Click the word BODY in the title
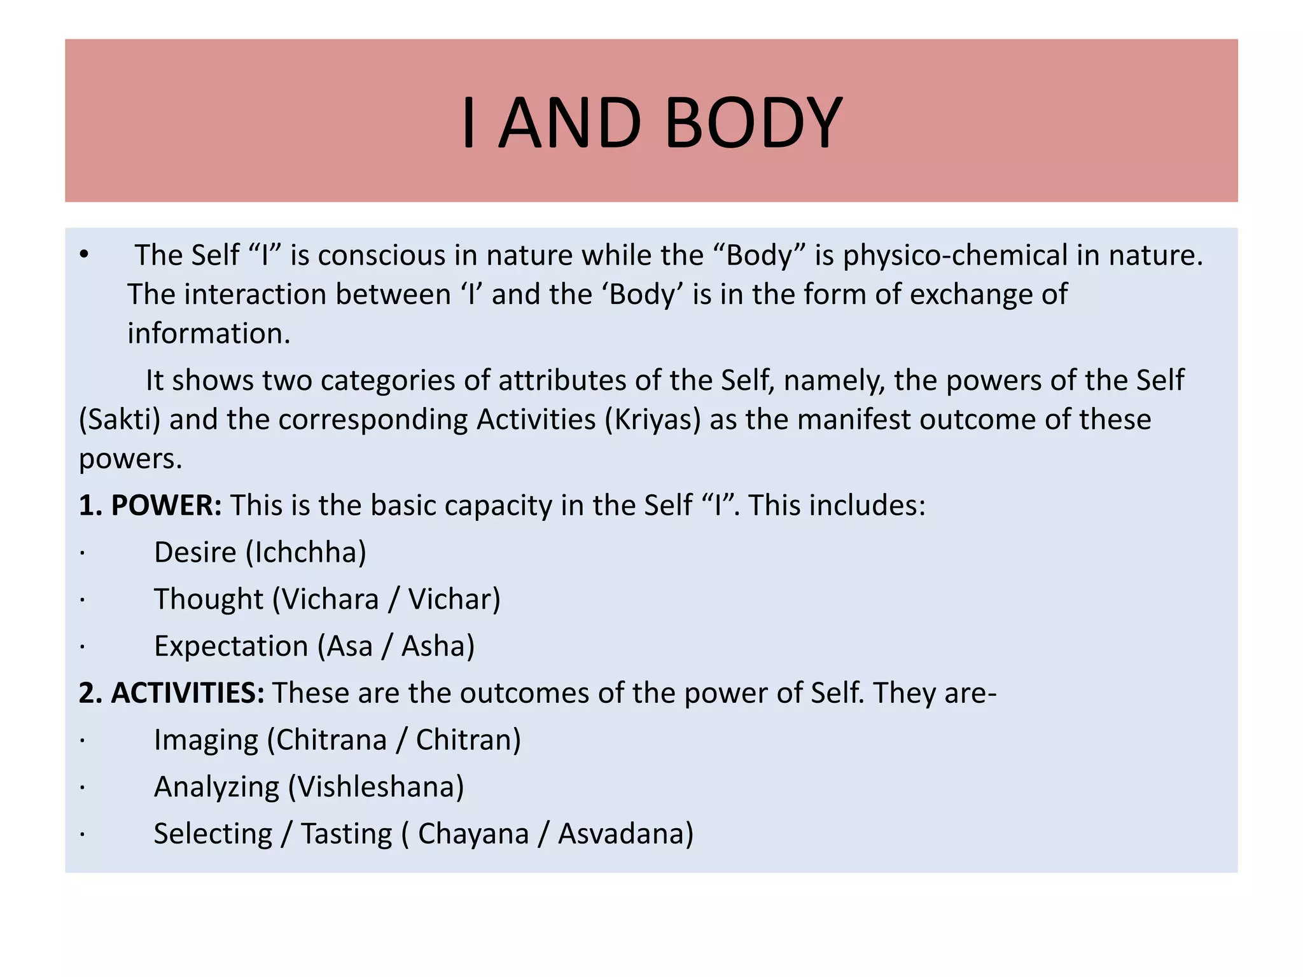click(754, 122)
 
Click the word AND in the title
click(570, 122)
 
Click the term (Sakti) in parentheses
click(120, 420)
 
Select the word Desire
click(195, 552)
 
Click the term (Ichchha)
click(306, 552)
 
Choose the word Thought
click(209, 599)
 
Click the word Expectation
click(231, 646)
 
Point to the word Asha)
click(438, 646)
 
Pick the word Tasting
click(347, 834)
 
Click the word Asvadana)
click(625, 834)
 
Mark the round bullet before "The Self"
click(84, 256)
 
